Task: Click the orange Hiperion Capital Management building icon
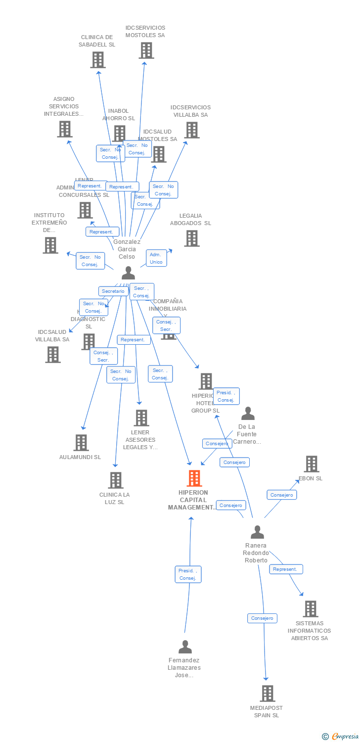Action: pyautogui.click(x=194, y=478)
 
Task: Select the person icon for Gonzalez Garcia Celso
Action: pyautogui.click(x=128, y=273)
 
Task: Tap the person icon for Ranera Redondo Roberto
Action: pyautogui.click(x=257, y=532)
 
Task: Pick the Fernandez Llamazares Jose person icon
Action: pyautogui.click(x=185, y=647)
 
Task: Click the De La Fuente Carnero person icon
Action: pyautogui.click(x=248, y=413)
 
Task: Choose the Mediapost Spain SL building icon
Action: pyautogui.click(x=268, y=694)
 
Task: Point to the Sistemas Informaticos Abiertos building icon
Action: pyautogui.click(x=310, y=609)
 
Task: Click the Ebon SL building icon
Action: pyautogui.click(x=312, y=464)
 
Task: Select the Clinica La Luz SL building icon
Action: pyautogui.click(x=116, y=480)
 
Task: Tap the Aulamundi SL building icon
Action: pyautogui.click(x=81, y=443)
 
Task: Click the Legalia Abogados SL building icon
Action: pyautogui.click(x=191, y=238)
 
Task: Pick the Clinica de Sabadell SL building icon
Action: pyautogui.click(x=98, y=60)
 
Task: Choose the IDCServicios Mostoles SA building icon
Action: pyautogui.click(x=146, y=50)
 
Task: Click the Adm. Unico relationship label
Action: pyautogui.click(x=156, y=258)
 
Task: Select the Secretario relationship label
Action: pyautogui.click(x=113, y=291)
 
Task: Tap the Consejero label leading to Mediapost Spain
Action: pyautogui.click(x=262, y=618)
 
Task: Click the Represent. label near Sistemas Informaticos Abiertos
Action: pyautogui.click(x=286, y=569)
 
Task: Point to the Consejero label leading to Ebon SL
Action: pyautogui.click(x=282, y=495)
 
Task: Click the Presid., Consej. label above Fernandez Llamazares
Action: pyautogui.click(x=188, y=574)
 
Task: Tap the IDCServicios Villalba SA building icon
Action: pyautogui.click(x=192, y=130)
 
